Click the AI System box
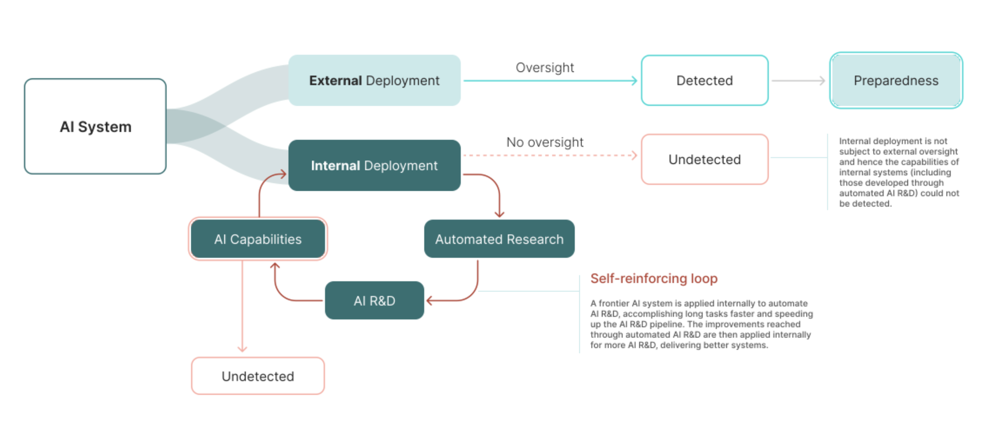95,127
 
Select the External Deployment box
374,81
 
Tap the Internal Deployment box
374,165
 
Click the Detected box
704,81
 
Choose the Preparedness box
896,81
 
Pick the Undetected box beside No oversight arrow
704,159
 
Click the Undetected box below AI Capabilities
257,376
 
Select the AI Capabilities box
257,239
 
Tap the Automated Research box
499,239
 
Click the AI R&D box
374,301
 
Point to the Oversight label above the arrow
545,67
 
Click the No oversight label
545,142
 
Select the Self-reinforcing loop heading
653,278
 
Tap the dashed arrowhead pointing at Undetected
634,155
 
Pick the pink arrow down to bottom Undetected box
242,307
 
